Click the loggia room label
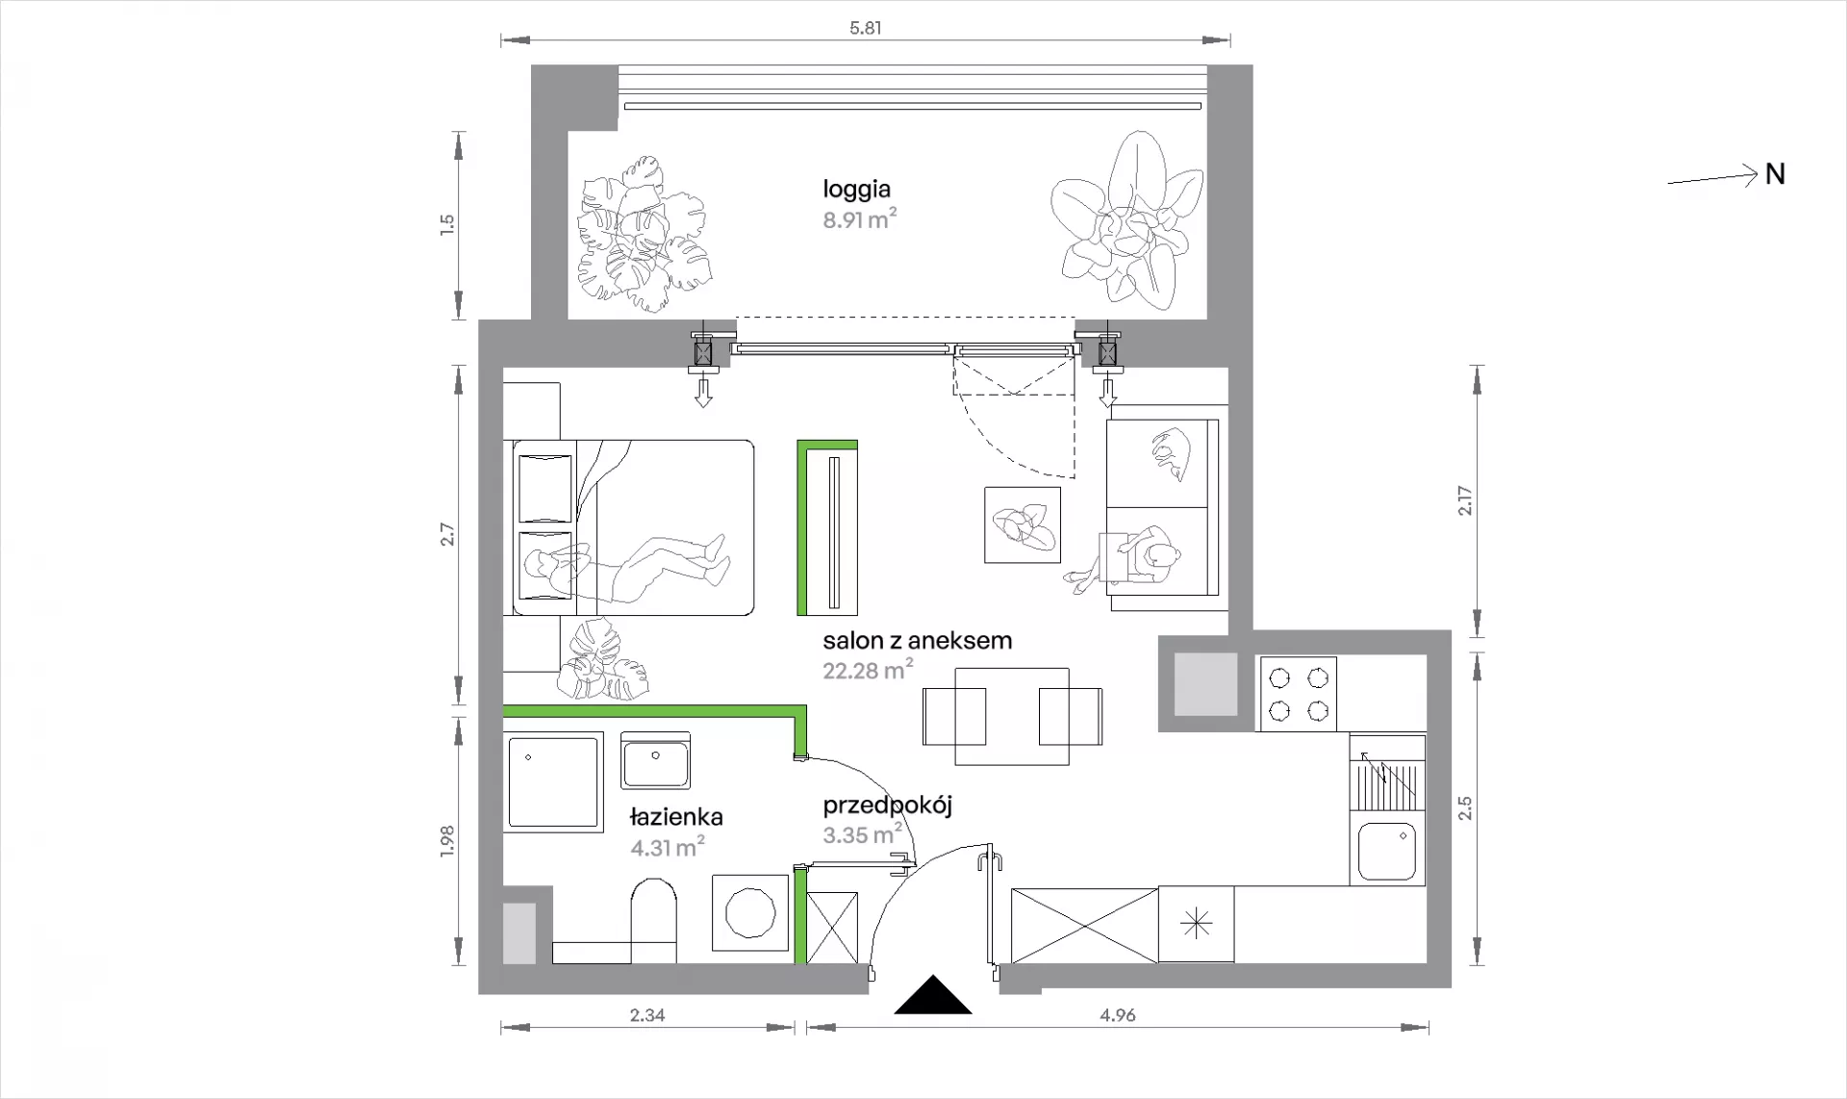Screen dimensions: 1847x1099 [x=856, y=191]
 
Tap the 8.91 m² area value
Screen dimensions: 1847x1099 [x=860, y=220]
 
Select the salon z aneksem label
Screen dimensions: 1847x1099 [x=917, y=640]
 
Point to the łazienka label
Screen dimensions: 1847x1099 [x=676, y=817]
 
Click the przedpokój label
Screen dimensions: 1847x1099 [x=887, y=805]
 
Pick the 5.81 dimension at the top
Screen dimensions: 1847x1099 [x=865, y=28]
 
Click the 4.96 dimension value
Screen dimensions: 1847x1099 [x=1117, y=1014]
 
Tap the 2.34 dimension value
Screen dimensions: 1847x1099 [x=647, y=1014]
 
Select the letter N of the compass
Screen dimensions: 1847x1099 [x=1775, y=174]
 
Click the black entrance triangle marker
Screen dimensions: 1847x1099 [x=932, y=996]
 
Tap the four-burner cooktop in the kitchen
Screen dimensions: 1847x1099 [x=1298, y=693]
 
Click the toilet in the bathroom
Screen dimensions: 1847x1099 [x=654, y=920]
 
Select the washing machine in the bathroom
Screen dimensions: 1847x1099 [x=749, y=911]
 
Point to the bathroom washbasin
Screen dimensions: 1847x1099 [x=655, y=760]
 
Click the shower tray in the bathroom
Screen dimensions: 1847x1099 [x=553, y=780]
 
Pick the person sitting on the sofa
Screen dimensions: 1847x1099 [x=1135, y=559]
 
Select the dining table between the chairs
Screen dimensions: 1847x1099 [x=1012, y=716]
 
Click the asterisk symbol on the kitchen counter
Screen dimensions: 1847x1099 [x=1196, y=924]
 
